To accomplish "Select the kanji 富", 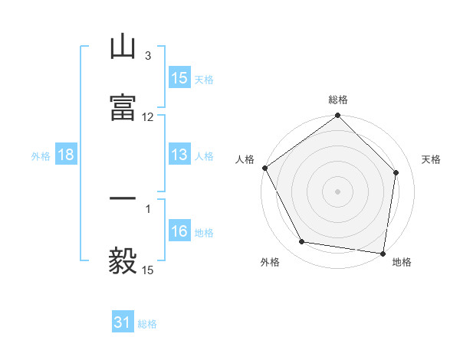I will [123, 108].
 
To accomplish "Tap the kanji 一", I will [123, 199].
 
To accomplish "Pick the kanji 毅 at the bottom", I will [123, 260].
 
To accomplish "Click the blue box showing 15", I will [179, 78].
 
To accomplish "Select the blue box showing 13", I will [179, 155].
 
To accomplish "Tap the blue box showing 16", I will [179, 231].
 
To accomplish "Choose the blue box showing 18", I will [66, 155].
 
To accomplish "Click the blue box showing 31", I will [123, 322].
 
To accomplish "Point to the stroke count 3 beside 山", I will [147, 56].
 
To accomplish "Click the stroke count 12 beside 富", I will [147, 117].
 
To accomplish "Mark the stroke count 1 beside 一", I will [147, 208].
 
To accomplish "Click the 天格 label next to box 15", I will [203, 79].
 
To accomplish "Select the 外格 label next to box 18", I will [41, 155].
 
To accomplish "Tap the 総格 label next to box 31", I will [147, 323].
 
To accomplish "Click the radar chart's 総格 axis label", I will [338, 100].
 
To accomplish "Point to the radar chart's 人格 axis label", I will [245, 159].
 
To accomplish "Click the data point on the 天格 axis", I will [396, 172].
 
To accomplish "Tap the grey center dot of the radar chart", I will [338, 191].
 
